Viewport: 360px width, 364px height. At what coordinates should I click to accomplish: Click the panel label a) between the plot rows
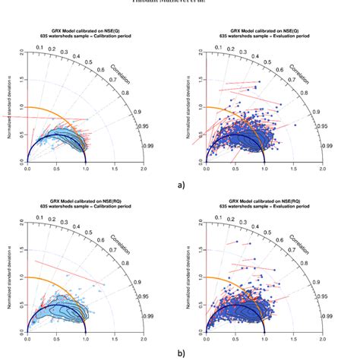[179, 183]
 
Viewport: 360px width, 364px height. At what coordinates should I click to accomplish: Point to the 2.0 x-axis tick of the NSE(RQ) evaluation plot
[324, 328]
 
